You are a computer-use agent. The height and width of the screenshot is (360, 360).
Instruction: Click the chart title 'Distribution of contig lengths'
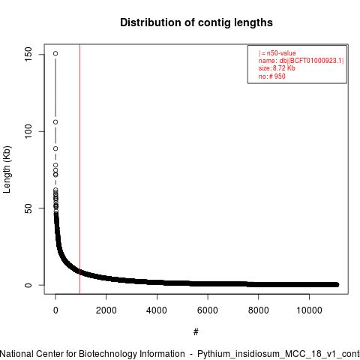click(x=196, y=22)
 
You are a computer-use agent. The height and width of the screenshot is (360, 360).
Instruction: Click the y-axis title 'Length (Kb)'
click(x=7, y=169)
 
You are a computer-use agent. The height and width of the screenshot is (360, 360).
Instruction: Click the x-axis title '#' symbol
click(x=196, y=332)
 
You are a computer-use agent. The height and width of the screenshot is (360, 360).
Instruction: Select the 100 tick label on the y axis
click(x=28, y=131)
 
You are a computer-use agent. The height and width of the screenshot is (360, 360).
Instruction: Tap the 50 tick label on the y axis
click(x=28, y=208)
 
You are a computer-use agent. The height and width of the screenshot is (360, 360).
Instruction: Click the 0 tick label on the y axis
click(x=28, y=285)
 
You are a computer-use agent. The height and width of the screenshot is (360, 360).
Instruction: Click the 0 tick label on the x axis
click(x=55, y=310)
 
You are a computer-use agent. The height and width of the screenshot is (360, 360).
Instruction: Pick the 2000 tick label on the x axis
click(x=106, y=310)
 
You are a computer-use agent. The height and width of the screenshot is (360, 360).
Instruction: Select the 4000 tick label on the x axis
click(x=157, y=310)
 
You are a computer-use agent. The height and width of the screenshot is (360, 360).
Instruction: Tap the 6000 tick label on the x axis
click(x=208, y=310)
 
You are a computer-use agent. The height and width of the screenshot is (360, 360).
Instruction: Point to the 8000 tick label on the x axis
click(x=259, y=310)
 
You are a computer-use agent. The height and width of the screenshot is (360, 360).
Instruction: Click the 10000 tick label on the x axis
click(x=309, y=310)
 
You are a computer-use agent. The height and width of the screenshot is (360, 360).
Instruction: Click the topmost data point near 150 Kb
click(x=55, y=53)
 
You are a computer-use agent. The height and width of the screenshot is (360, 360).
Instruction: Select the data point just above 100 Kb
click(x=55, y=122)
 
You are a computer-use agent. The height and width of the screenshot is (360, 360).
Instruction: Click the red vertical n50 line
click(x=79, y=169)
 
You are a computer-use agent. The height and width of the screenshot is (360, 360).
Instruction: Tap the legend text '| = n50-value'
click(x=277, y=53)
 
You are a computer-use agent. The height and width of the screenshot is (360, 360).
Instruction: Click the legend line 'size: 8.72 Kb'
click(x=277, y=68)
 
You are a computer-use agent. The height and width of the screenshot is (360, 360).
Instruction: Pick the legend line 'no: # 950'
click(x=272, y=76)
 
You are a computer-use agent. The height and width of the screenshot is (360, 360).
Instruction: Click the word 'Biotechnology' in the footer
click(x=132, y=354)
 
